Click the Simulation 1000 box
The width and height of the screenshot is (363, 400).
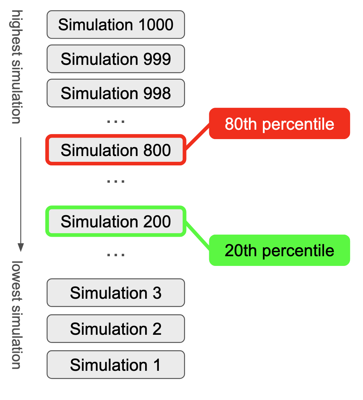[116, 25]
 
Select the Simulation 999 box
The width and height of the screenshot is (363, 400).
[116, 59]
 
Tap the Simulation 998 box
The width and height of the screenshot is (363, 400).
[116, 93]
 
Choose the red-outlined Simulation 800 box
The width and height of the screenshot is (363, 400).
[116, 150]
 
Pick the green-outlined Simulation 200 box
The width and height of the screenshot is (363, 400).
[116, 221]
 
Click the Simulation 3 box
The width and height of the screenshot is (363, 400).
[116, 293]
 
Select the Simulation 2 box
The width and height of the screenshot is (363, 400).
[116, 329]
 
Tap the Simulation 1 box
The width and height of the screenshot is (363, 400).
[116, 365]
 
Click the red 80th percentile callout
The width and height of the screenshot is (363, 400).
[279, 124]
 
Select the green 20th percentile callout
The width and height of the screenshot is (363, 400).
[279, 250]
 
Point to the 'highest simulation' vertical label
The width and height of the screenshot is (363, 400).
[16, 67]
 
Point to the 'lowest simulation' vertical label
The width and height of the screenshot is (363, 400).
[17, 315]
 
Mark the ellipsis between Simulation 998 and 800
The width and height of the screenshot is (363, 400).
[116, 121]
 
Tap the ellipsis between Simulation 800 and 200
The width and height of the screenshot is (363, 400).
[116, 181]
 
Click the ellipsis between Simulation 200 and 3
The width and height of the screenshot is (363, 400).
[116, 255]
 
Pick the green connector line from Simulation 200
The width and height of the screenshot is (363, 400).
[197, 236]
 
